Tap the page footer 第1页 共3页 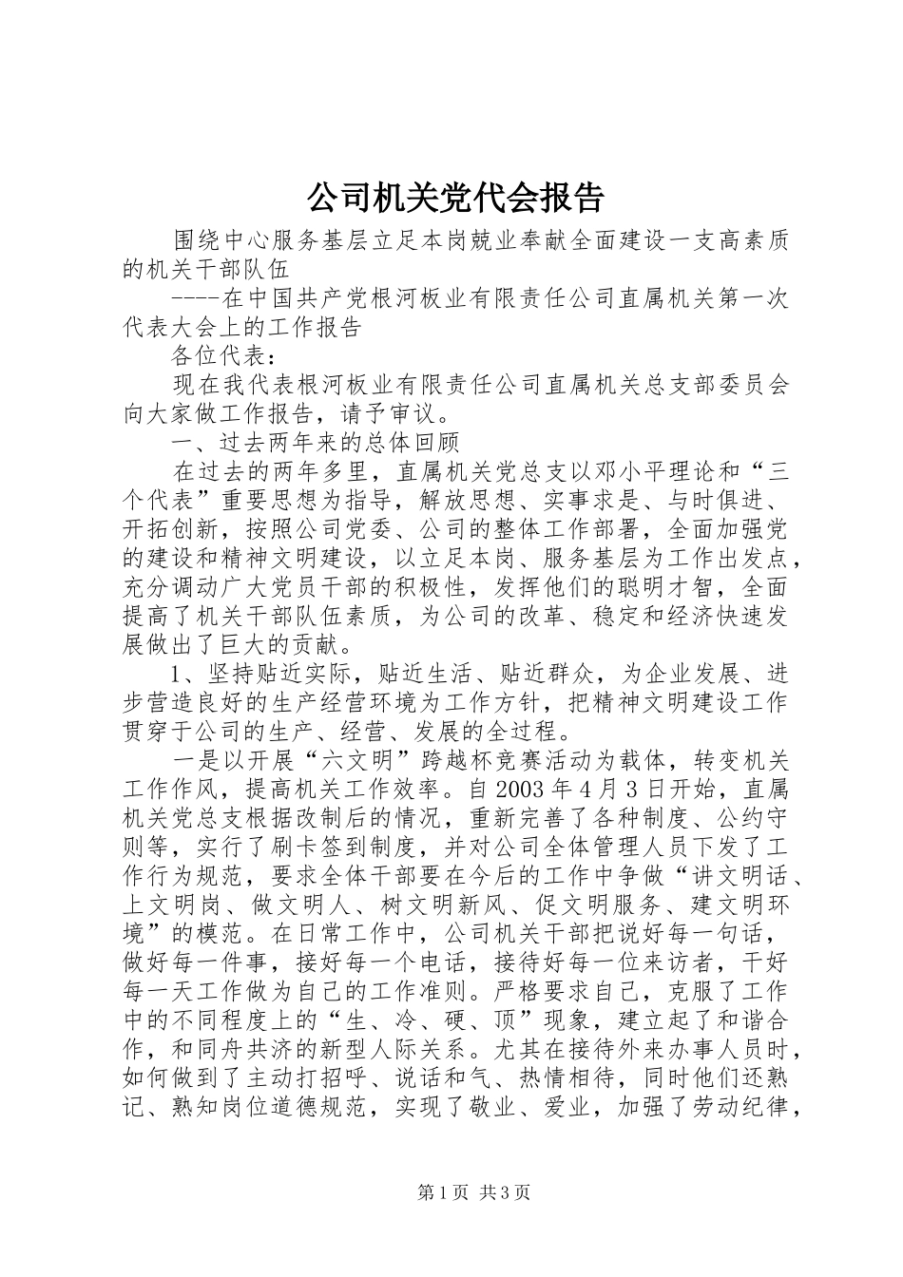tap(473, 1193)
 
